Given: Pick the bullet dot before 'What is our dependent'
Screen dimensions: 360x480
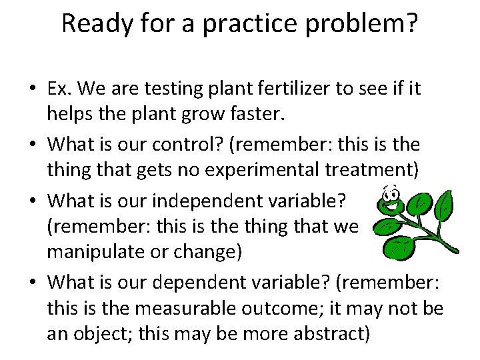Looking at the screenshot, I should pyautogui.click(x=33, y=282).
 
